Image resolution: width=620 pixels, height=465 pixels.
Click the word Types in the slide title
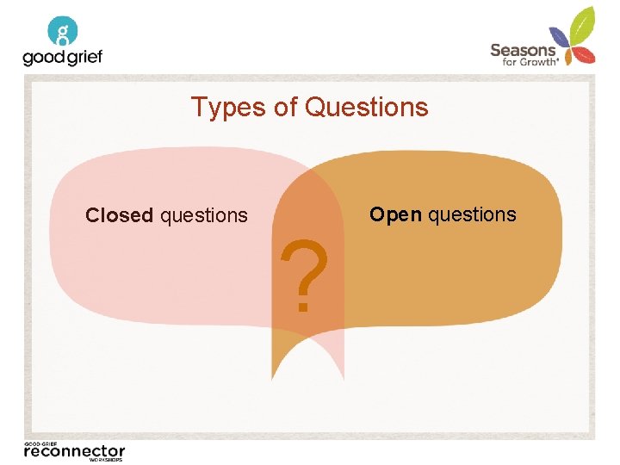[x=220, y=108]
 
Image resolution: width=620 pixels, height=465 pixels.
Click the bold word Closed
[x=119, y=215]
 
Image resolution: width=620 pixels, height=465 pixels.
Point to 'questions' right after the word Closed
[x=204, y=215]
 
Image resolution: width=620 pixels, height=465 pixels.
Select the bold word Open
[x=395, y=214]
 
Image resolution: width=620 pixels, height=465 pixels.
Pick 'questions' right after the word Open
[x=472, y=214]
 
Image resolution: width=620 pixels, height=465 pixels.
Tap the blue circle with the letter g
[x=63, y=31]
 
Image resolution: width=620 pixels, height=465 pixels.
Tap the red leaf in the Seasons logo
[x=586, y=55]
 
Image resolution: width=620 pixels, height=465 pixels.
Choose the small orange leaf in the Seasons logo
[x=562, y=57]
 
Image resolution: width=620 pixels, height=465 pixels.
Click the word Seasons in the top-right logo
[x=523, y=50]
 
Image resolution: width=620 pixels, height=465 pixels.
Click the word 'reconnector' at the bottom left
[x=74, y=450]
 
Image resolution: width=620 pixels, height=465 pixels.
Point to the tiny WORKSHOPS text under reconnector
[x=106, y=460]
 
